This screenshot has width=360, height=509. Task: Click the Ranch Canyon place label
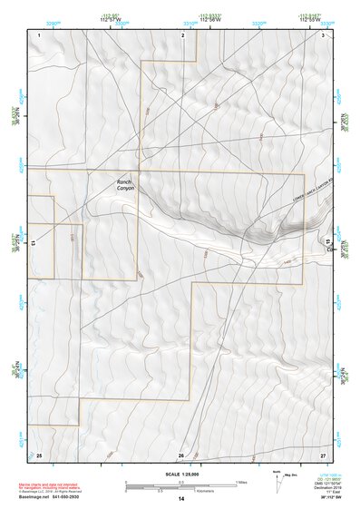125,184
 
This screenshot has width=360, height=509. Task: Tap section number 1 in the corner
40,34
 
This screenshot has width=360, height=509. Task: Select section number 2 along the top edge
182,34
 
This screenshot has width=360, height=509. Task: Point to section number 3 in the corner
324,34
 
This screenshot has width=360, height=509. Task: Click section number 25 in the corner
39,455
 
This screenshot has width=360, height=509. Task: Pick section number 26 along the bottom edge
181,455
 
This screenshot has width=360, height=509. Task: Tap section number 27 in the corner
323,455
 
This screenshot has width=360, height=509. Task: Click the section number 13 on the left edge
34,243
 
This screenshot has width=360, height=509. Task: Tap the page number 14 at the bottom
181,499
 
